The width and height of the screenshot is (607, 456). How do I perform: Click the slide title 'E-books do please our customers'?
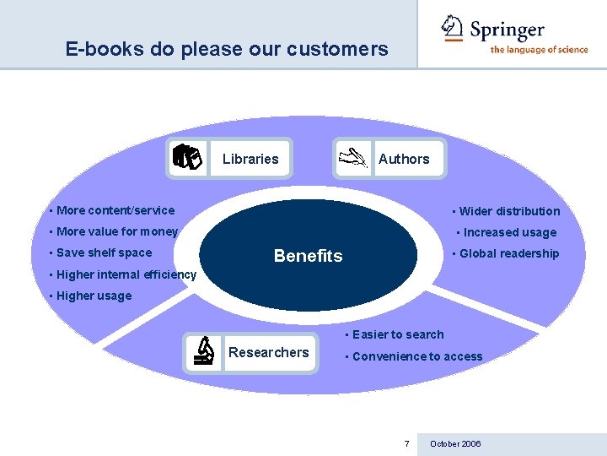[227, 49]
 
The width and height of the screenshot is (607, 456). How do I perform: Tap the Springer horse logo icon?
[453, 28]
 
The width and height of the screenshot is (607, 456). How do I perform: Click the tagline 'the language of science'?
[539, 50]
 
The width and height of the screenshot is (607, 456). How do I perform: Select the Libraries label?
[250, 159]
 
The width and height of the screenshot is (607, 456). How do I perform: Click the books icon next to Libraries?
[187, 158]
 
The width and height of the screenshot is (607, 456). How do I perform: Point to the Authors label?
[404, 159]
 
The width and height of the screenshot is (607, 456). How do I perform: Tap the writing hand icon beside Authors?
[353, 158]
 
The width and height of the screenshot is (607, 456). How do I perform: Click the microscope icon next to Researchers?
[203, 351]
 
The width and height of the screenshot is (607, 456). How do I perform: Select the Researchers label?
[269, 352]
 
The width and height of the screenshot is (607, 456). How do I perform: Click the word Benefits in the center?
[309, 256]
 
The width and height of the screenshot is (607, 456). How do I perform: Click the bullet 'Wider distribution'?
[509, 211]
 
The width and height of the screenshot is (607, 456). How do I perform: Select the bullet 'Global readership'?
[509, 253]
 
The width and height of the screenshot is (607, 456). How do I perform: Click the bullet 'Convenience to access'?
[417, 356]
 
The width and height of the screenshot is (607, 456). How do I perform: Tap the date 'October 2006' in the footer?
[455, 443]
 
